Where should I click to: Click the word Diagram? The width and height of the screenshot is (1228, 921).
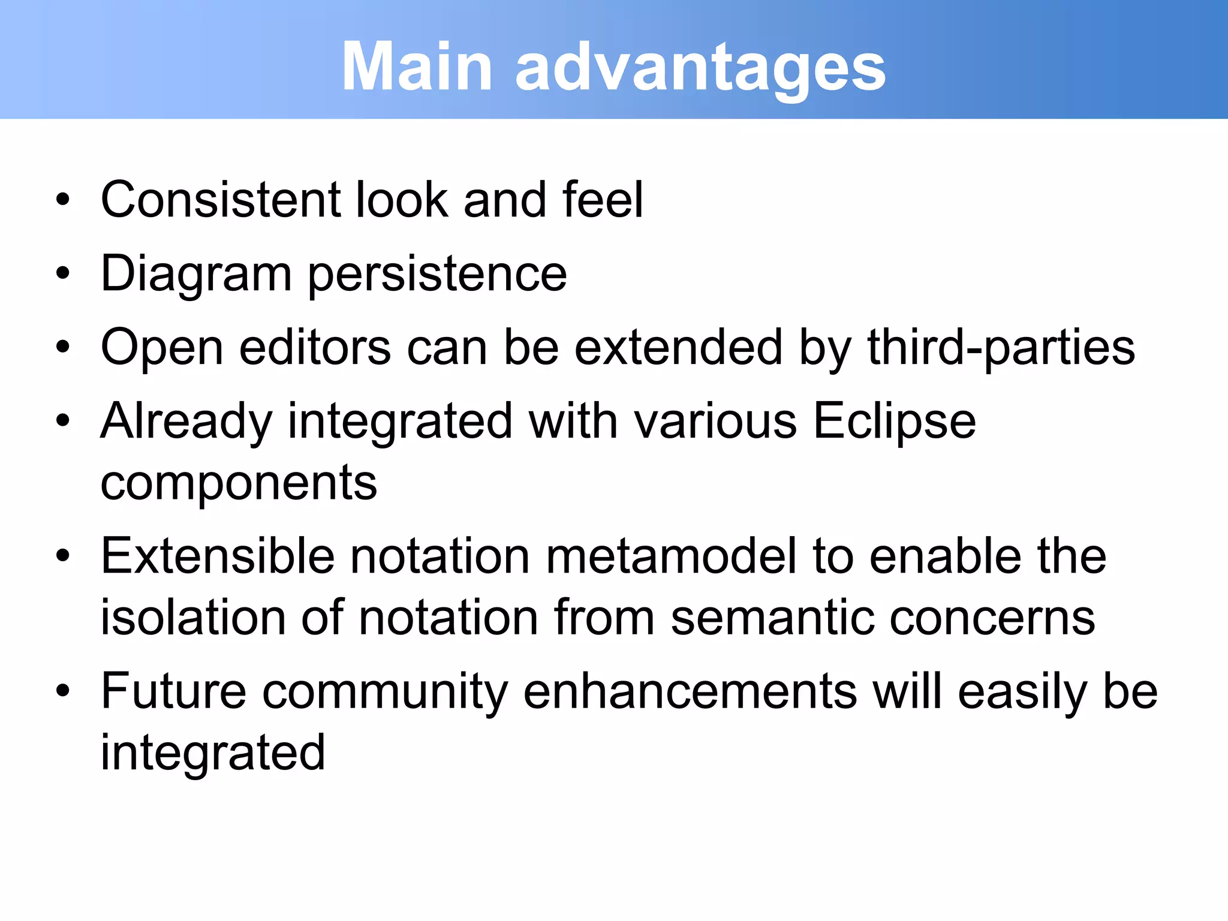pos(195,275)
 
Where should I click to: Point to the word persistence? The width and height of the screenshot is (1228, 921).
pos(437,275)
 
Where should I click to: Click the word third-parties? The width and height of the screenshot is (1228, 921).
pos(1001,348)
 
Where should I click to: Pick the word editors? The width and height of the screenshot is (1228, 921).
pos(315,348)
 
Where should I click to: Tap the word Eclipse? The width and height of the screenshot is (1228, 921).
pos(894,422)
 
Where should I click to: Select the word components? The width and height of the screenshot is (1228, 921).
pos(239,483)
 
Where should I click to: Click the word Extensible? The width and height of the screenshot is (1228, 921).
pos(217,556)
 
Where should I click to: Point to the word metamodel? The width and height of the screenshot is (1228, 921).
pos(671,556)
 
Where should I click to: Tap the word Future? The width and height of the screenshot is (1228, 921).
pos(173,691)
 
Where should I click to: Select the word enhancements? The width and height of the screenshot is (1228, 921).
pos(690,691)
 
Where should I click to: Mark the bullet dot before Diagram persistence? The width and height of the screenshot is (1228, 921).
pos(63,273)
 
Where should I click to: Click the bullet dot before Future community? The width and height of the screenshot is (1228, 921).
pos(63,691)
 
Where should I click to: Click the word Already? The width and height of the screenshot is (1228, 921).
pos(186,422)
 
